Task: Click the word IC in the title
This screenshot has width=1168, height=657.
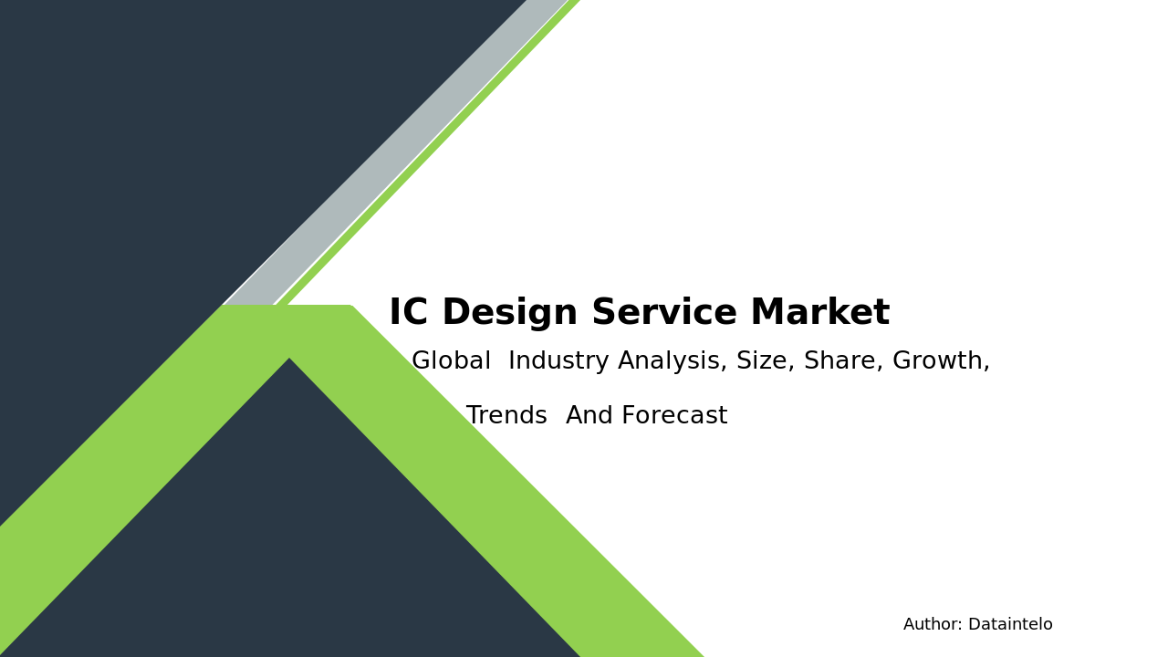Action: [409, 312]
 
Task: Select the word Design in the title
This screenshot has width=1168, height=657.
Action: [510, 313]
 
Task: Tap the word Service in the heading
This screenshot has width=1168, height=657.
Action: [664, 312]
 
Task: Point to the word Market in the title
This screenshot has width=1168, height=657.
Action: [820, 311]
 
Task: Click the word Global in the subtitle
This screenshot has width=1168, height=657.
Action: [451, 360]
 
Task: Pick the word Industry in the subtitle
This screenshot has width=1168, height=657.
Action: [558, 360]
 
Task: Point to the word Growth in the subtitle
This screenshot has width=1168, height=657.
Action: [937, 360]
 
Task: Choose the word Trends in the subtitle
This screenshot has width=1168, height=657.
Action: [506, 415]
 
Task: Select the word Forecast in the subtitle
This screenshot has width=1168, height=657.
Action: [674, 415]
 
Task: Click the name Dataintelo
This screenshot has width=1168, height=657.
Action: [1010, 624]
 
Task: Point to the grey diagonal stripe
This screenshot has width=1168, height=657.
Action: [396, 152]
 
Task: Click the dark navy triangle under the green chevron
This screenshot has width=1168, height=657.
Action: [290, 537]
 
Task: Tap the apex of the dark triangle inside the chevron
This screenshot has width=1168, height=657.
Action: [289, 359]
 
